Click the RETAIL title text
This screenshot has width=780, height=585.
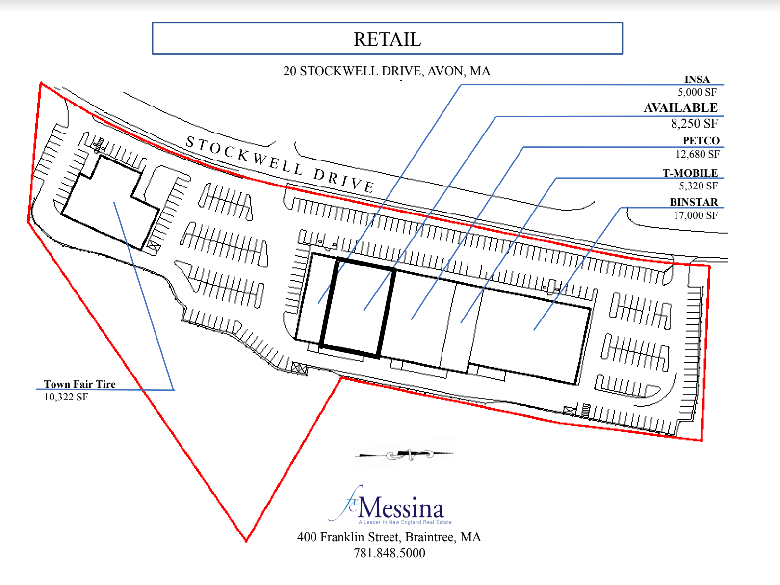387,39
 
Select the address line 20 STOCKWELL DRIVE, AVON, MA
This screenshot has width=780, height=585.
387,71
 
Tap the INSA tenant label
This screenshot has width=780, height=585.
697,80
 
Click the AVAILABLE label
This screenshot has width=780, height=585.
680,108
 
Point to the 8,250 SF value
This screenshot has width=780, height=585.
694,124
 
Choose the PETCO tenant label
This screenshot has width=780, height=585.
701,141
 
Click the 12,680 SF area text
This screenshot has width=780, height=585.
697,154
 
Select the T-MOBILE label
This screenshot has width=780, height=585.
690,173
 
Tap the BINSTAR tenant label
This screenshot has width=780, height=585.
694,202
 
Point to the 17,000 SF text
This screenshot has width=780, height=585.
695,215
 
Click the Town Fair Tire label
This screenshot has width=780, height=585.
79,384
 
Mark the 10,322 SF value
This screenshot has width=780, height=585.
66,397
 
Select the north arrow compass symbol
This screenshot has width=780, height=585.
405,455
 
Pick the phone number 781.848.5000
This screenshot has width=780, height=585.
390,553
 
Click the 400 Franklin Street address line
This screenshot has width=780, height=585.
389,537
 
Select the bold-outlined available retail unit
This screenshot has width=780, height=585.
358,307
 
